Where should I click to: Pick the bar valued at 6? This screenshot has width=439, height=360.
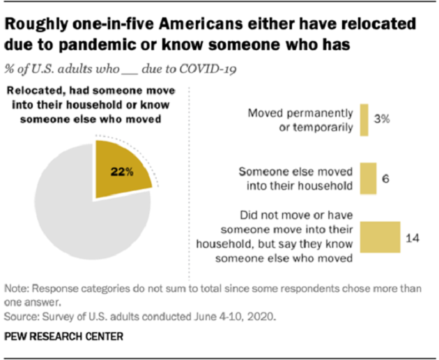click(367, 178)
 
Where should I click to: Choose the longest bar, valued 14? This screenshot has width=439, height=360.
click(379, 238)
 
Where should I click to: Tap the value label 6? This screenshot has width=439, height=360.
click(386, 178)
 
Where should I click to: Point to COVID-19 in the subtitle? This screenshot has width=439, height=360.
click(215, 68)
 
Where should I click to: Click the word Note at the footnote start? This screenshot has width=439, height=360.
click(15, 288)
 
